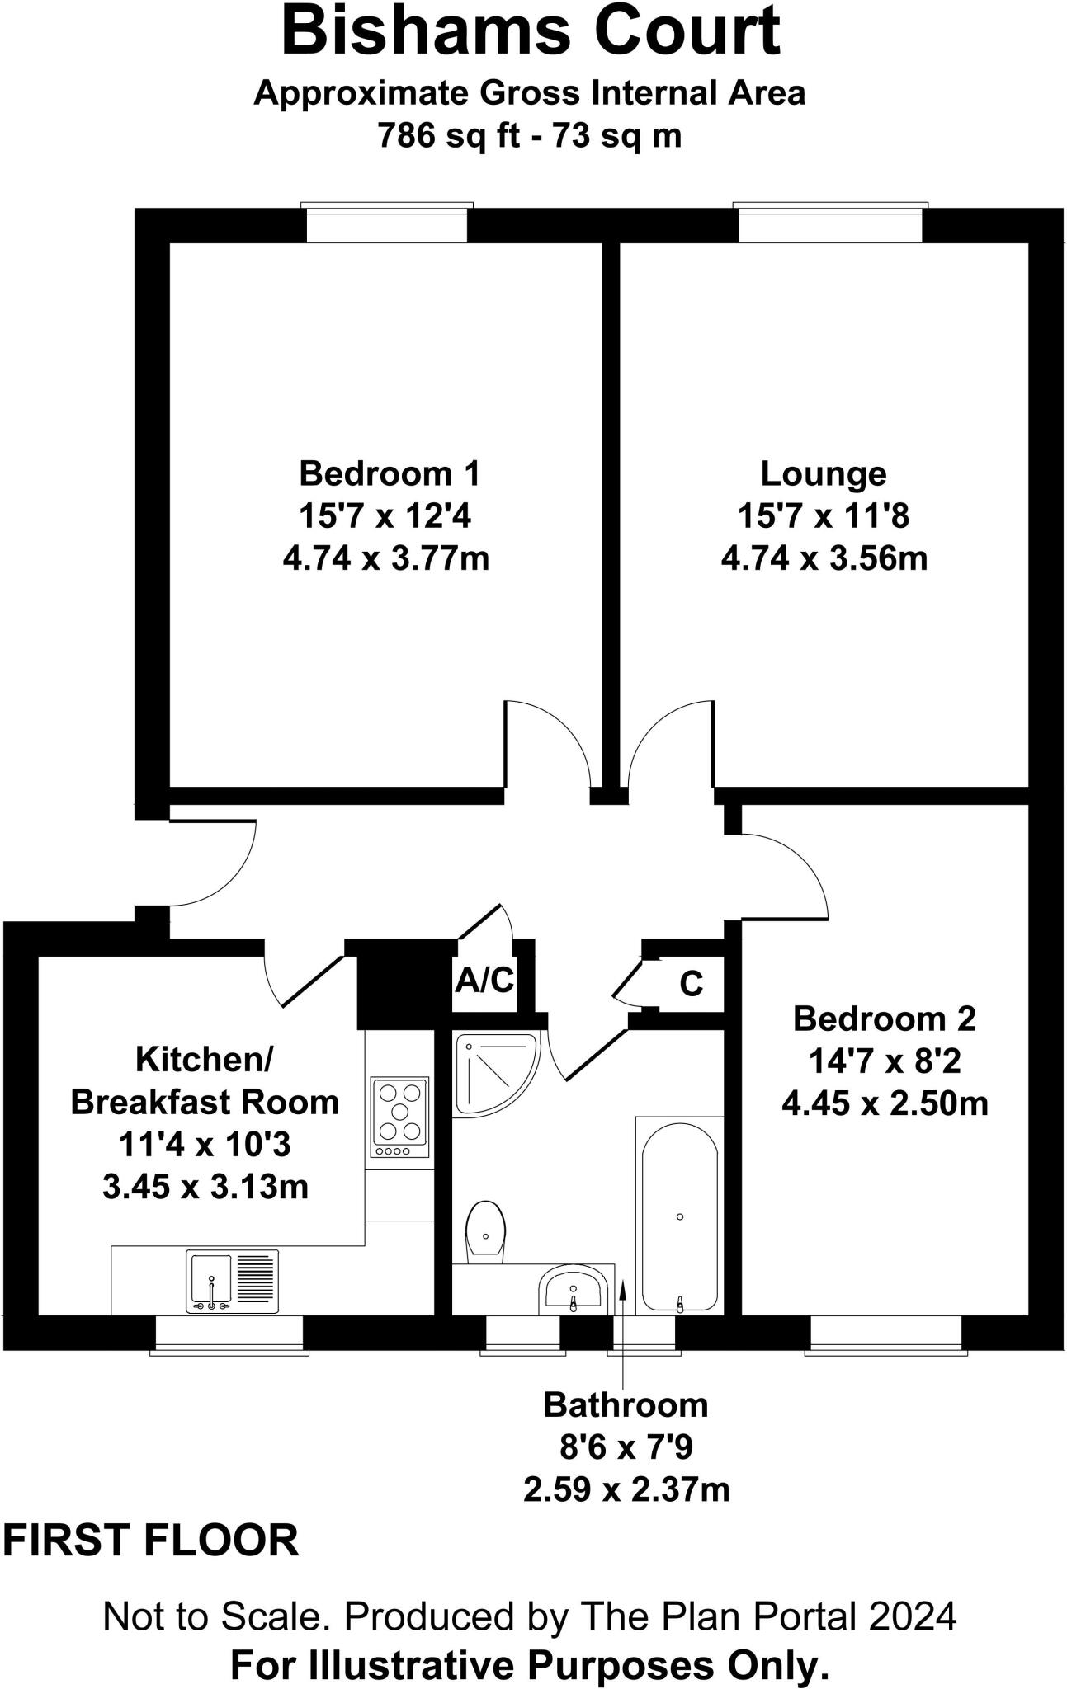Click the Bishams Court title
pyautogui.click(x=531, y=31)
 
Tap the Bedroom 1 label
pyautogui.click(x=389, y=473)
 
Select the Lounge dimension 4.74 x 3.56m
pyautogui.click(x=824, y=559)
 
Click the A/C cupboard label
pyautogui.click(x=484, y=981)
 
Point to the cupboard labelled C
pyautogui.click(x=691, y=983)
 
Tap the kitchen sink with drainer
pyautogui.click(x=233, y=1281)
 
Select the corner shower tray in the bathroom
pyautogui.click(x=493, y=1073)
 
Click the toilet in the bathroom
pyautogui.click(x=485, y=1232)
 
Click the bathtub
pyautogui.click(x=679, y=1217)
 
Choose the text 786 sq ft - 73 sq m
pyautogui.click(x=530, y=135)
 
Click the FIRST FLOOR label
pyautogui.click(x=151, y=1541)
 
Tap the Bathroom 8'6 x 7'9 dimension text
pyautogui.click(x=626, y=1447)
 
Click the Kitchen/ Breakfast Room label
pyautogui.click(x=204, y=1080)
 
